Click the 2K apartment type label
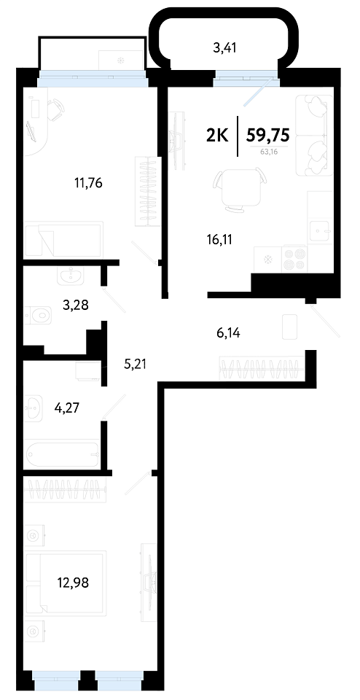[217, 134]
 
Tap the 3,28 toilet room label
[75, 306]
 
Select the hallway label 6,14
[227, 332]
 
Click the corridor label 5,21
[135, 365]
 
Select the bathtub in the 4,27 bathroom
[63, 454]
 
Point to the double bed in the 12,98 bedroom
[66, 583]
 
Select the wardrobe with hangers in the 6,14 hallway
[262, 368]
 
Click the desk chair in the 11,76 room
[55, 109]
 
